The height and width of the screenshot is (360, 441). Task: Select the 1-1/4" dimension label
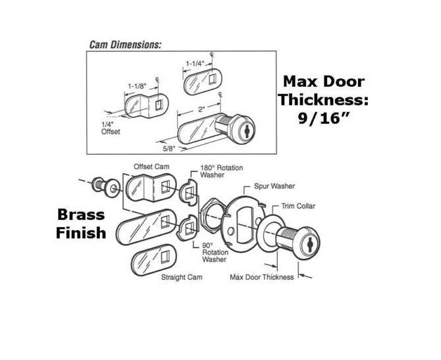(x=195, y=64)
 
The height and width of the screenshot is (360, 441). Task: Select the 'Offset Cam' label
(x=147, y=166)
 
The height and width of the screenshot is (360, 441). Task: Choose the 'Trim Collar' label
(x=299, y=206)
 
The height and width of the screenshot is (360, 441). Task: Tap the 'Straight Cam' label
(x=182, y=278)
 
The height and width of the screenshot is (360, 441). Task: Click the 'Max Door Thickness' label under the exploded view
(x=261, y=278)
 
